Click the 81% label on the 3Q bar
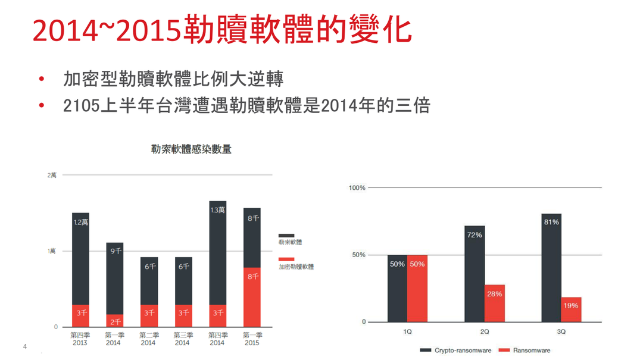click(551, 222)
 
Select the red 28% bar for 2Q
click(495, 303)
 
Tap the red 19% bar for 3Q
click(571, 309)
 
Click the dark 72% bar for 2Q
click(475, 274)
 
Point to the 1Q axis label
click(407, 331)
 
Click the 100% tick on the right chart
click(357, 188)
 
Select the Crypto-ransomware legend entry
click(455, 350)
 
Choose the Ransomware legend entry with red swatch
click(525, 350)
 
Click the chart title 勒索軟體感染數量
click(191, 149)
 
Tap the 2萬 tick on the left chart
click(52, 175)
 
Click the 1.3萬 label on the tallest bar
click(217, 210)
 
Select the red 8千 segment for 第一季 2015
click(252, 297)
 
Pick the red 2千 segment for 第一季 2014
click(115, 321)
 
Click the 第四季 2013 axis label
click(80, 339)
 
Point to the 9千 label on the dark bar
click(116, 251)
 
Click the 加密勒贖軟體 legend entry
click(296, 263)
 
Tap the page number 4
click(24, 346)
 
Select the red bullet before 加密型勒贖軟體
click(42, 79)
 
